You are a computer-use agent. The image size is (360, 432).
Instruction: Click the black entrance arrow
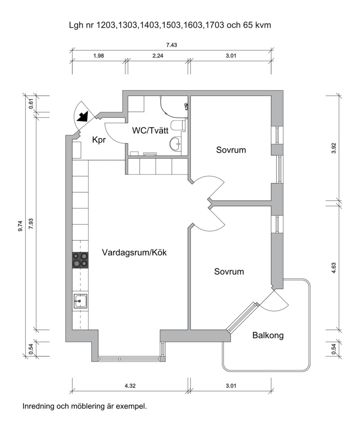[x=82, y=117]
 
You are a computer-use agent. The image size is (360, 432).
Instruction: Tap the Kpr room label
[x=99, y=140]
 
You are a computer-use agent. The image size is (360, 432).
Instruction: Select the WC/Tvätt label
[x=150, y=130]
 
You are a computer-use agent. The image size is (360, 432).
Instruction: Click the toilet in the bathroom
[x=178, y=126]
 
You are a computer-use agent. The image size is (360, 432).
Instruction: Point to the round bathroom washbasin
[x=175, y=143]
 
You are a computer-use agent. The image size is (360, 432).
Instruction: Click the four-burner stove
[x=81, y=260]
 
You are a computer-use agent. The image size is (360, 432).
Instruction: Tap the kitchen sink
[x=80, y=301]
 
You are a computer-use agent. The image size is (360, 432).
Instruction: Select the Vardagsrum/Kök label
[x=134, y=252]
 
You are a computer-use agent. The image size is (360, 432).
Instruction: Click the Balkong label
[x=268, y=335]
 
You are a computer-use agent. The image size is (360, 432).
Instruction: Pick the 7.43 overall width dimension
[x=171, y=45]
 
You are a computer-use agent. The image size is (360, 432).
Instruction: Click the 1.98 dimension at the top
[x=99, y=56]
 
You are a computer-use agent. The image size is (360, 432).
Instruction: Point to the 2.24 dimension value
[x=158, y=56]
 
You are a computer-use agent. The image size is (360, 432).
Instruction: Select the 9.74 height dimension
[x=20, y=226]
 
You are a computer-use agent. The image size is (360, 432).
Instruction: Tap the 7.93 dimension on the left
[x=31, y=224]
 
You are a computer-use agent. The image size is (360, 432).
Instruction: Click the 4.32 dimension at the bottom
[x=130, y=386]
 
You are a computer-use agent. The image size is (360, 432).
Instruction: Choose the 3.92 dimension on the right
[x=334, y=148]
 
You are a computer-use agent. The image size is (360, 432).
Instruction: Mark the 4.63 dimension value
[x=334, y=268]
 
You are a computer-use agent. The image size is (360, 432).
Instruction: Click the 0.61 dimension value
[x=31, y=103]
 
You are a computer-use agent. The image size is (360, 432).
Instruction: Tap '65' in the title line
[x=247, y=25]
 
